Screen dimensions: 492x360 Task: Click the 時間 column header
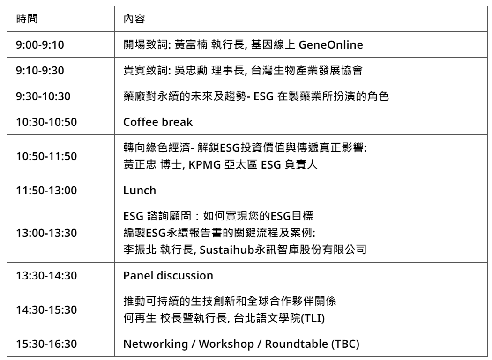[x=27, y=19]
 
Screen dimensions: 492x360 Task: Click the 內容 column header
[x=134, y=19]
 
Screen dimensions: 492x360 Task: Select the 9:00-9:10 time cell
[x=40, y=45]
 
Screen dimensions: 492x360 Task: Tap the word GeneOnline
[x=331, y=45]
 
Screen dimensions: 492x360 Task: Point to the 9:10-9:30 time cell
[x=40, y=71]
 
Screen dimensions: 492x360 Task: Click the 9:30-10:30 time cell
[x=43, y=96]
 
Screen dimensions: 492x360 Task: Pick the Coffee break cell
[x=158, y=122]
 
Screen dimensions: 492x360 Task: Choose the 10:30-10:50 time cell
[x=46, y=122]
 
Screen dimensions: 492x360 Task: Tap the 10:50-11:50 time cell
[x=46, y=156]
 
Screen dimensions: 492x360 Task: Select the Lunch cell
[x=140, y=191]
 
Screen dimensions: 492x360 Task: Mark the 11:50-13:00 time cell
[x=46, y=191]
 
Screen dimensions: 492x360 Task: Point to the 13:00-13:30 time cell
[x=46, y=233]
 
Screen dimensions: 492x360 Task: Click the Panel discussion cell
[x=168, y=276]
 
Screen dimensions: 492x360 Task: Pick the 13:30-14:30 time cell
[x=46, y=276]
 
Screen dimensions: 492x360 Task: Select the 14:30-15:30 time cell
[x=46, y=310]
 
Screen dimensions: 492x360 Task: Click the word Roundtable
[x=297, y=344]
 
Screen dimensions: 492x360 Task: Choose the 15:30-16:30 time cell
[x=46, y=344]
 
